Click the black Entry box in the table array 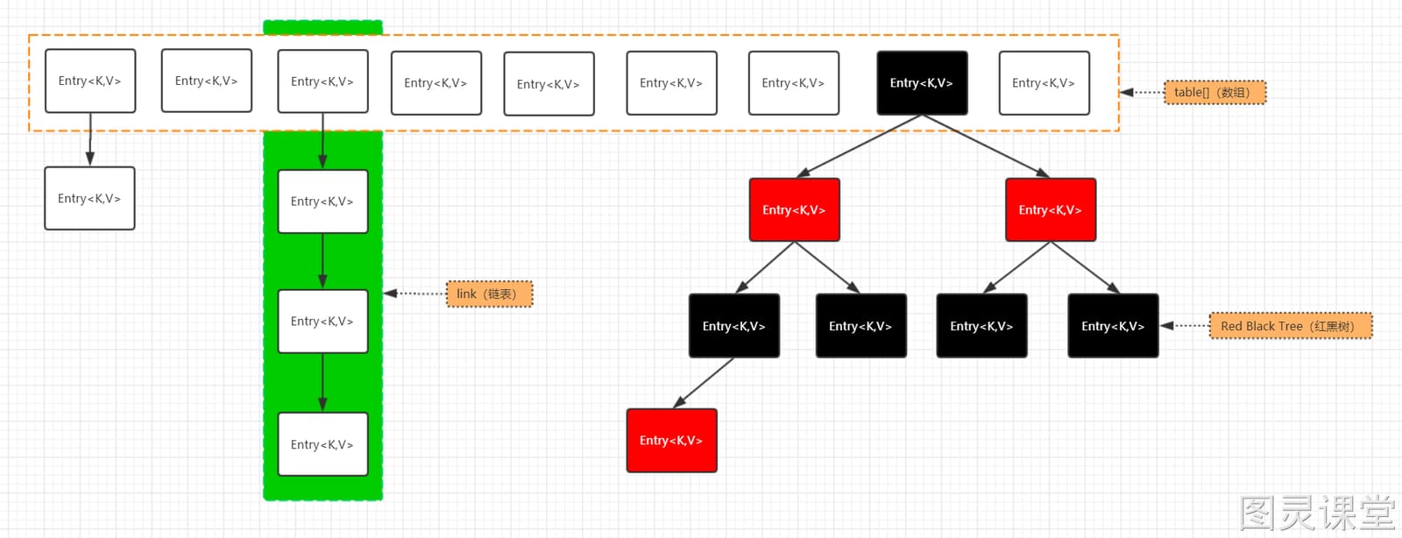922,82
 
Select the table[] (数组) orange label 1214,93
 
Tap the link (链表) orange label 490,294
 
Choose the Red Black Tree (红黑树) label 1291,326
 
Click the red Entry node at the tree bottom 671,441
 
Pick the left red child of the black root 794,209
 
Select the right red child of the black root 1051,209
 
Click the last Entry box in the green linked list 323,444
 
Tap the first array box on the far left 90,81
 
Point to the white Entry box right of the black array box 1044,82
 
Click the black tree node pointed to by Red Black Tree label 1113,326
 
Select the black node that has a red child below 734,326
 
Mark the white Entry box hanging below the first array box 89,198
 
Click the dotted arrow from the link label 415,294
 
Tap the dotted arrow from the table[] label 1143,93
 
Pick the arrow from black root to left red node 859,145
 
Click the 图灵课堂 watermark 1318,513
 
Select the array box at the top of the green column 323,81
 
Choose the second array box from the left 207,81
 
